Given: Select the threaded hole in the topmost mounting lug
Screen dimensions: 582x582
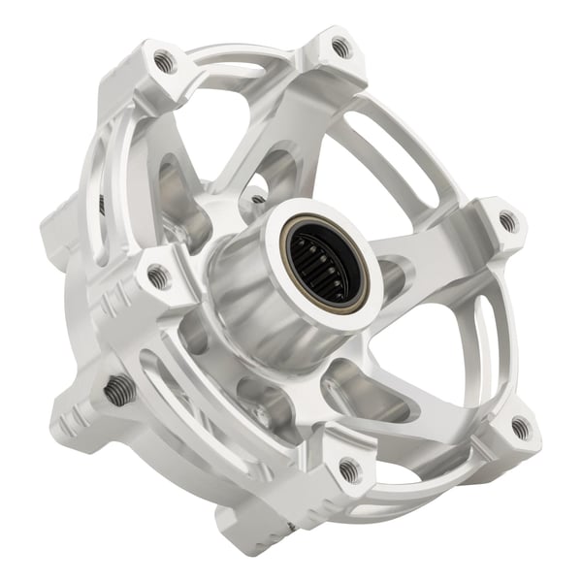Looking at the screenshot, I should (339, 45).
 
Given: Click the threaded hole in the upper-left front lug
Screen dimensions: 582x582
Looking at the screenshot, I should (166, 62).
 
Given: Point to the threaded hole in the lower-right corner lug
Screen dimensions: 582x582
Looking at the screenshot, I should (521, 427).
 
